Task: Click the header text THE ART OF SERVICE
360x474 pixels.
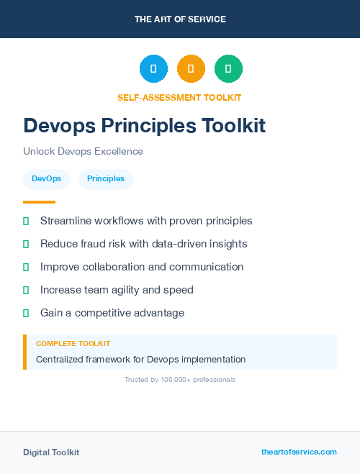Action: (180, 19)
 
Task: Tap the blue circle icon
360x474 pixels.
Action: (153, 69)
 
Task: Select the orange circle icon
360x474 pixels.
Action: (191, 69)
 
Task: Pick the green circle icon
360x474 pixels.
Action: (228, 69)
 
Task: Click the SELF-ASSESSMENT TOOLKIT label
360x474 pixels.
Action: (179, 98)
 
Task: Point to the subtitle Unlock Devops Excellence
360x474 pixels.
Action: (83, 152)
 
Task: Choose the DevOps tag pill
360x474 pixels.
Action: (46, 179)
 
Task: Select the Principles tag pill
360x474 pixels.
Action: (106, 179)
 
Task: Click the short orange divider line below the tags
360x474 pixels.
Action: (39, 202)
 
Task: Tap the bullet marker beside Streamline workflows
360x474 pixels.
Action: (26, 221)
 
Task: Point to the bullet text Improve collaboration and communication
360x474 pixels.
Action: (142, 267)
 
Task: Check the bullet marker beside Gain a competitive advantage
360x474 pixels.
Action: (26, 313)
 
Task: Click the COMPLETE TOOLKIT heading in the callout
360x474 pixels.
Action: (73, 344)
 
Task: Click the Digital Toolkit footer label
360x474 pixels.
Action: (51, 452)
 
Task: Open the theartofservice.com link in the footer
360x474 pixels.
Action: (299, 452)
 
